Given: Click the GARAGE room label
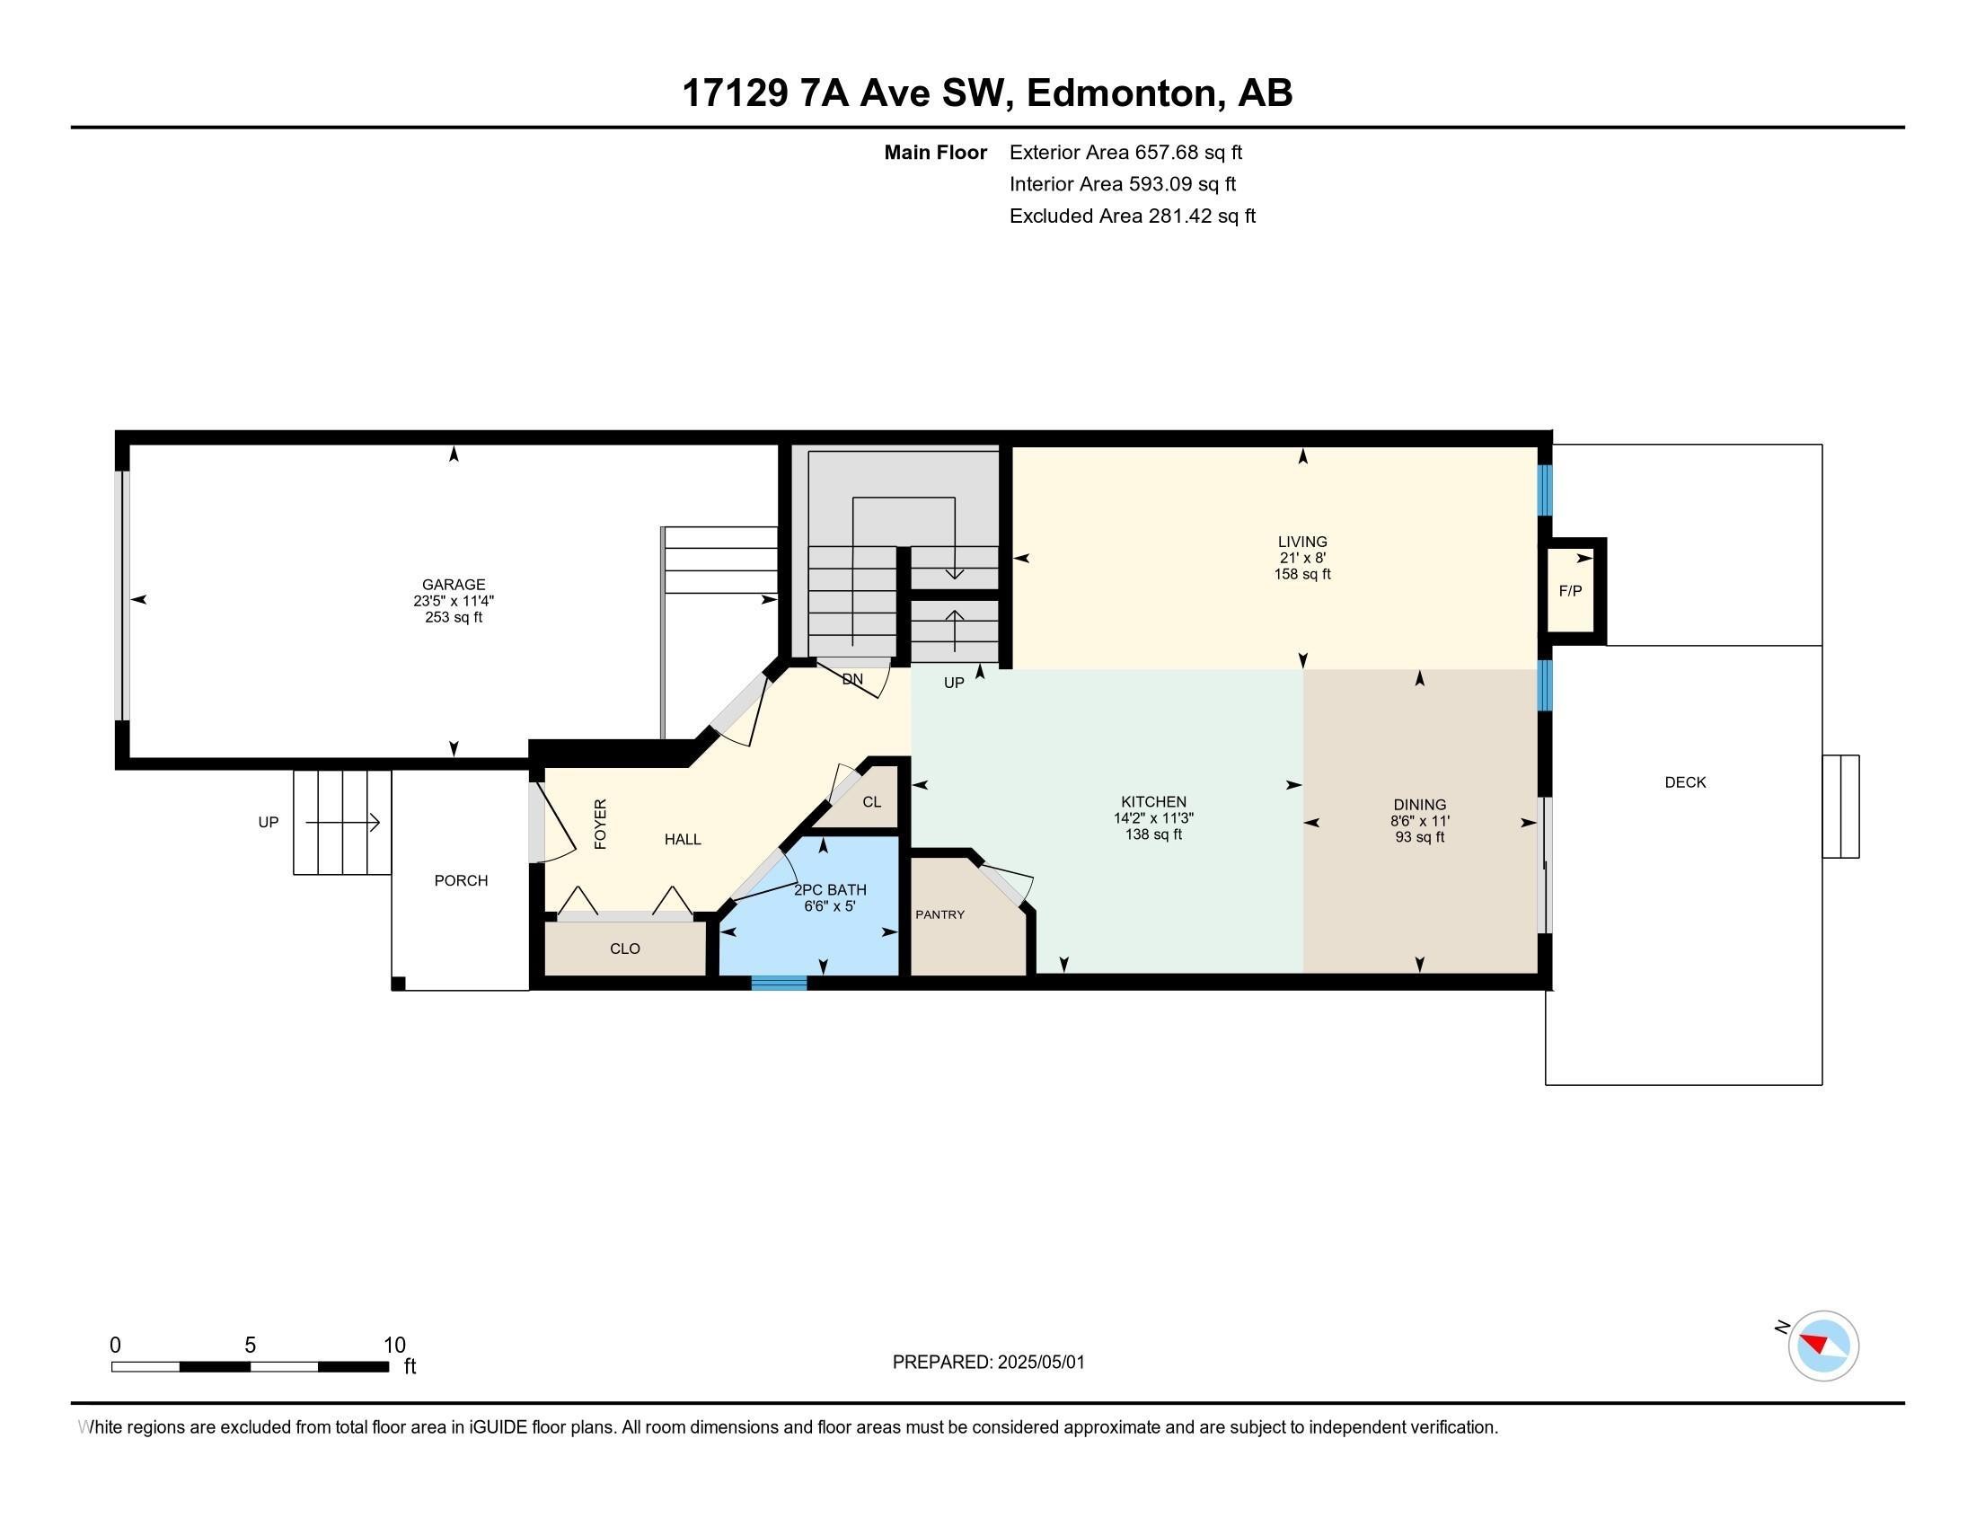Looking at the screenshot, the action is pos(454,585).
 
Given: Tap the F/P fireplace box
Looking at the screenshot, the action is pos(1571,591).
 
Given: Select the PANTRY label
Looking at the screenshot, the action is pos(940,914).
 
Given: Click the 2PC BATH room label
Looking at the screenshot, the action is pos(830,889).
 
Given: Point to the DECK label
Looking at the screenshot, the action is pos(1685,782).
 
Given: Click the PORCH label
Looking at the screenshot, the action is pos(461,880).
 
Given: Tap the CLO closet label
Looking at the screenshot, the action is pos(625,949).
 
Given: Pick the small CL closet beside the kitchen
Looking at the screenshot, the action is pos(871,801).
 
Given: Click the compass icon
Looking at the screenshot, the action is pos(1823,1346).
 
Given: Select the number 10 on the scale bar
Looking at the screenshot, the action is pos(394,1345).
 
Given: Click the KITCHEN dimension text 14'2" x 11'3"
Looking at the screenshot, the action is pos(1153,817).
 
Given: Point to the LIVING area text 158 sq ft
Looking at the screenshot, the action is pos(1302,574).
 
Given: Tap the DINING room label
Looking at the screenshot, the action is pos(1419,804).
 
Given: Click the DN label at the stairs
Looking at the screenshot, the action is pos(852,678).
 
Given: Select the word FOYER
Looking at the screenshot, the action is pos(601,823).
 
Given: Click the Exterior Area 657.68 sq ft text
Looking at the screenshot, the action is pos(1125,152).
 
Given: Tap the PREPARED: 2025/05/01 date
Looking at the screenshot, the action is pos(988,1362).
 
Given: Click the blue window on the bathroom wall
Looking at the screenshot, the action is pos(779,983).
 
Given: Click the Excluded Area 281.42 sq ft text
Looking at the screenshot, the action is pos(1133,216).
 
